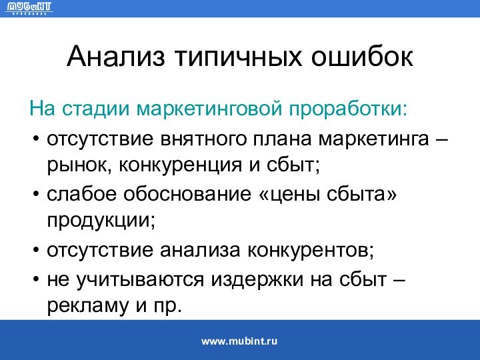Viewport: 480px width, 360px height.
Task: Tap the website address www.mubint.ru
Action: tap(239, 341)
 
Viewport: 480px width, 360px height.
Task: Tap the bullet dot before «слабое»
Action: tap(35, 195)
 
